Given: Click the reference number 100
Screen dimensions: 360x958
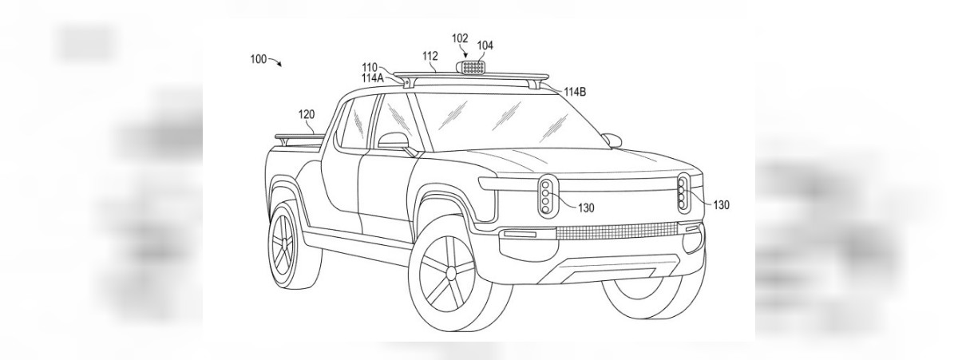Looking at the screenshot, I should (258, 60).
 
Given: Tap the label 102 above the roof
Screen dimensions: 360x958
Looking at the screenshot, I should (460, 38).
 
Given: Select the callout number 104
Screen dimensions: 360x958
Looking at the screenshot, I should (485, 45).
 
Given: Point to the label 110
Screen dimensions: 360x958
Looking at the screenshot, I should (370, 67).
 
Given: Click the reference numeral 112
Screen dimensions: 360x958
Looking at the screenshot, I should (430, 56).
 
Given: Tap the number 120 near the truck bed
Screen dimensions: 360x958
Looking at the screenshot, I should (307, 115).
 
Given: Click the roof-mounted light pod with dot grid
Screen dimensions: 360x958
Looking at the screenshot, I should (473, 69).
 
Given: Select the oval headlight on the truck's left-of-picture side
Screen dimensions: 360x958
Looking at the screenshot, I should (547, 195).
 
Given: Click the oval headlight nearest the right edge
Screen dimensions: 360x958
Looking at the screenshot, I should (685, 193).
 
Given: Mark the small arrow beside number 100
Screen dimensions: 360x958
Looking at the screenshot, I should (277, 61).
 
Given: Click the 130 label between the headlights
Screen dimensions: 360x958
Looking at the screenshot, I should (586, 208).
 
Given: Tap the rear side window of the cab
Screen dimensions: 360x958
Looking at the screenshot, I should (353, 121).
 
